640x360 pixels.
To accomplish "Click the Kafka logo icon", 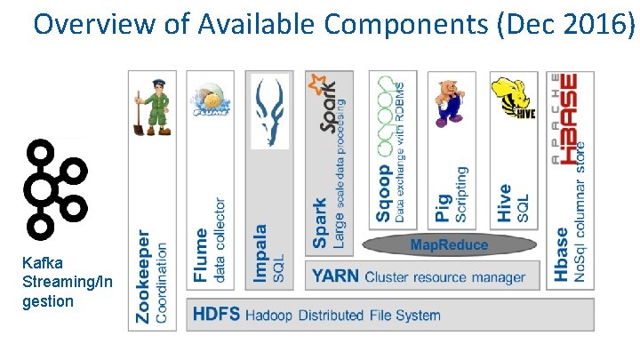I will point(54,189).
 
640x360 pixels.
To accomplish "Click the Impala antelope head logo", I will point(271,110).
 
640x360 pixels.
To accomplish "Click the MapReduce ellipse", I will point(448,244).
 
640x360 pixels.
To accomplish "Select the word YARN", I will point(336,276).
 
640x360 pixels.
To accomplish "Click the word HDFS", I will point(216,315).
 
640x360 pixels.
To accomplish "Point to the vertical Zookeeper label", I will point(142,275).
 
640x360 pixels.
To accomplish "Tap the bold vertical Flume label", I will point(202,255).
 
